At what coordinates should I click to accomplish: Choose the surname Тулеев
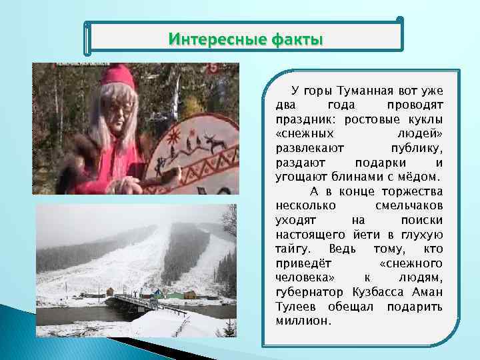[x=297, y=307]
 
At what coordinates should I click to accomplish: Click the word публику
[x=417, y=148]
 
